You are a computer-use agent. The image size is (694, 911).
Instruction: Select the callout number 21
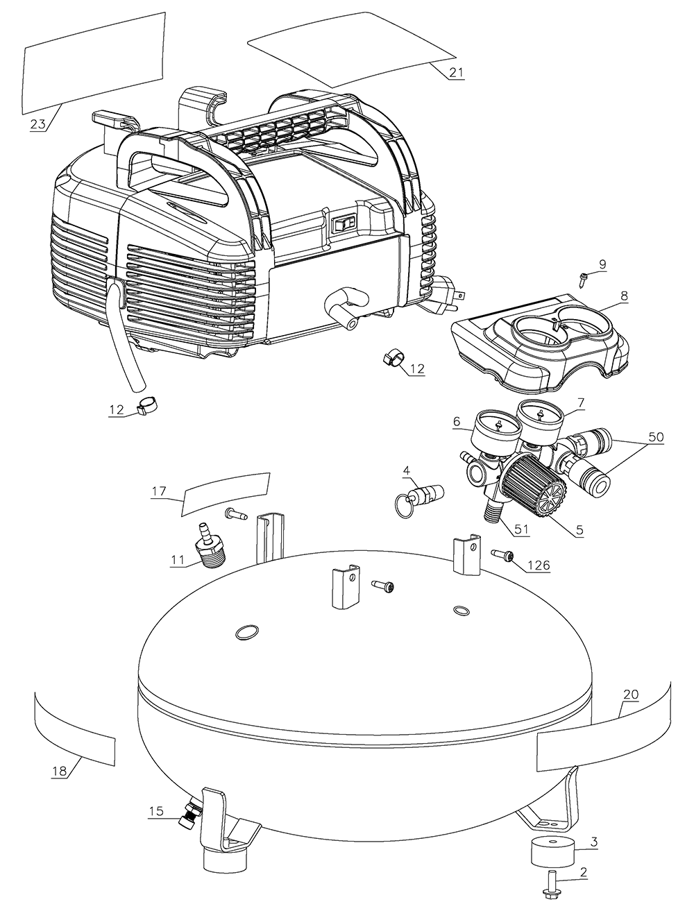tap(456, 72)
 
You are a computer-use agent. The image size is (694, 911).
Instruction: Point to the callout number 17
tap(160, 492)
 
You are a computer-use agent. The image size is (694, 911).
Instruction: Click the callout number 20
tap(631, 694)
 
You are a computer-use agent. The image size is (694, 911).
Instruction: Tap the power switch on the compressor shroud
tap(344, 223)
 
